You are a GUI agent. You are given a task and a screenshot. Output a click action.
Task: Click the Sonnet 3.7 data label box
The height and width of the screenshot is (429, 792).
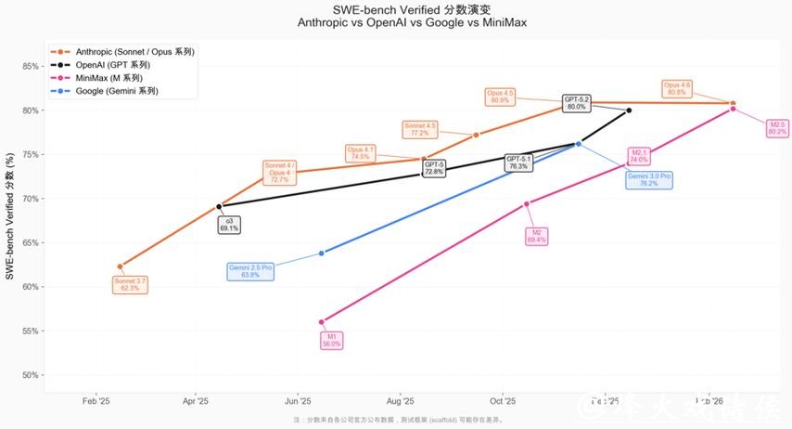click(x=130, y=284)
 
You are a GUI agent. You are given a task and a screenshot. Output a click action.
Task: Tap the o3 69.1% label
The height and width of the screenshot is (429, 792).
click(x=229, y=224)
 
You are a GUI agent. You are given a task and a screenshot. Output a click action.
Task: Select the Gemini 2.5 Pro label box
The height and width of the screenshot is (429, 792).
click(x=250, y=271)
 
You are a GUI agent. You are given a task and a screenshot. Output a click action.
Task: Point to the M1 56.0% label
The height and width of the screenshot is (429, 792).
click(x=331, y=340)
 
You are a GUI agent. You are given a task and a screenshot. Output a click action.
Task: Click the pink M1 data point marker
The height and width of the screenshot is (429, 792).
click(x=322, y=322)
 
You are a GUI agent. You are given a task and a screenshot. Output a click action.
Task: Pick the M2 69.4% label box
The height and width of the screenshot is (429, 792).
click(x=536, y=236)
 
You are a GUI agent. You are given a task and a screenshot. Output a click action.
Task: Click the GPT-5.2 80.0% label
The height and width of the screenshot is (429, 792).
click(x=576, y=103)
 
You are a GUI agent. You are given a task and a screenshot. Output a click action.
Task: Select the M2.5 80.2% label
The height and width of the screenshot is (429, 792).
click(x=777, y=128)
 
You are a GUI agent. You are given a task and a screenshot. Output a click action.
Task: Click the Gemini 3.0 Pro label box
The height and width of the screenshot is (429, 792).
click(x=649, y=179)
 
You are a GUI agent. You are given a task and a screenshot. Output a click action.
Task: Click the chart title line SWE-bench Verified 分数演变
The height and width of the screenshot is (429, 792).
click(x=396, y=9)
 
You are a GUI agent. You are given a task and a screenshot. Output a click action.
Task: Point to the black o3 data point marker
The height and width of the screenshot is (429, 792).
click(x=219, y=206)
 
